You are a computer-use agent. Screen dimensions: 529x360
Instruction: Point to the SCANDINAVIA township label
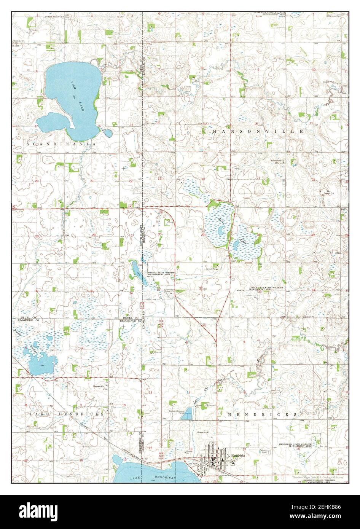coord(61,144)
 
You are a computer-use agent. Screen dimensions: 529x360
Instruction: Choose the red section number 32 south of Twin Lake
coord(201,288)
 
